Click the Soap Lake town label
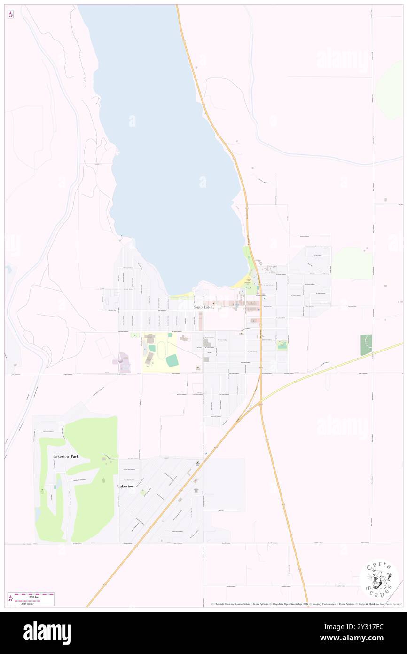click(203, 307)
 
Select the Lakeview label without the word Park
click(125, 486)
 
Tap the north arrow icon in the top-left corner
click(10, 14)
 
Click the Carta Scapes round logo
click(379, 580)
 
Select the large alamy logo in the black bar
click(47, 632)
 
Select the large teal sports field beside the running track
click(172, 360)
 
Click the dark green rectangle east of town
click(366, 344)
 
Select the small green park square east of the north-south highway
click(282, 345)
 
